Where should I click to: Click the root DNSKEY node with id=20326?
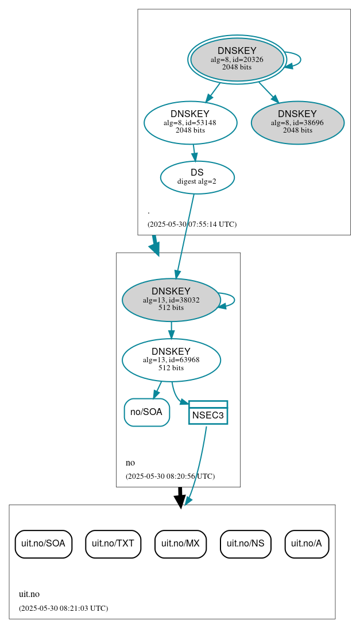click(x=237, y=59)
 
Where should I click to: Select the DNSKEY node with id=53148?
click(x=190, y=122)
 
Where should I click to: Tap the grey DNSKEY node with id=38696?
click(x=297, y=122)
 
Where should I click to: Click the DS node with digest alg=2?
click(x=197, y=177)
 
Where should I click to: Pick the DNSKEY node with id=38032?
click(x=171, y=299)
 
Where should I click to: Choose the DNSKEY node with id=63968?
click(x=171, y=359)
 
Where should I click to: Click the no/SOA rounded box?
click(x=146, y=412)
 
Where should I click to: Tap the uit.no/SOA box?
click(x=43, y=543)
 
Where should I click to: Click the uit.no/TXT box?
click(x=113, y=543)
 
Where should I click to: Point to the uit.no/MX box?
click(x=180, y=543)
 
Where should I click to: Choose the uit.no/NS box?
click(x=245, y=543)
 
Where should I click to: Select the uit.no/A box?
click(x=307, y=543)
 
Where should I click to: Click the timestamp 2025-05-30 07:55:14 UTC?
click(x=192, y=224)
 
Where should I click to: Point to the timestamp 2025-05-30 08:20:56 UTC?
click(x=170, y=476)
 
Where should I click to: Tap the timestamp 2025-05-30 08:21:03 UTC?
click(x=63, y=608)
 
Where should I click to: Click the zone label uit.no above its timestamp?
click(x=29, y=594)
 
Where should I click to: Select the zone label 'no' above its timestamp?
click(x=130, y=463)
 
